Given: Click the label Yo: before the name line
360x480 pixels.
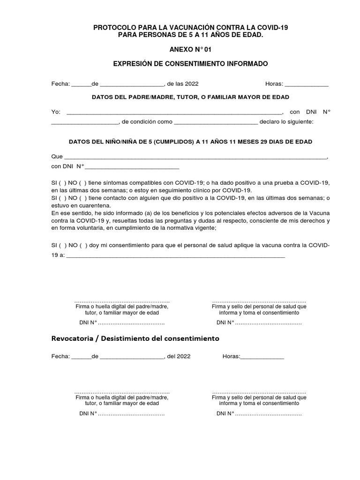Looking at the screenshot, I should coord(56,112).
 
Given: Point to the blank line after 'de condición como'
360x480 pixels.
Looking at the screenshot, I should coord(216,122).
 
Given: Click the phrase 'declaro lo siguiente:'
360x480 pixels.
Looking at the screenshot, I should coord(287,122).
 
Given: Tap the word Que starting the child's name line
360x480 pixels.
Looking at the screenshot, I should coord(56,157).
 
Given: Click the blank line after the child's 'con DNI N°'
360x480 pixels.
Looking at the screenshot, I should coord(132,166).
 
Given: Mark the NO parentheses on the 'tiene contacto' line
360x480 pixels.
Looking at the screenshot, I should coord(82,198).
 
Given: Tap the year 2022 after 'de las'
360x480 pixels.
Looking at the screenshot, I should coord(192,84).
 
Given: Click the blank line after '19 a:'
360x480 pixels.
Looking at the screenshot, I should coord(176,256).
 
